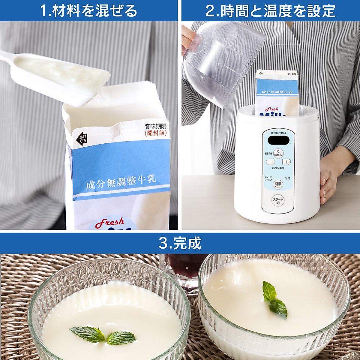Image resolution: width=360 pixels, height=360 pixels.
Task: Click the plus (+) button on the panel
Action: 286,162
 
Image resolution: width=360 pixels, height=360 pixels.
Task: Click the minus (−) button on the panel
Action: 270,162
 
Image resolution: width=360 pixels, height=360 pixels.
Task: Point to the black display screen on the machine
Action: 279,140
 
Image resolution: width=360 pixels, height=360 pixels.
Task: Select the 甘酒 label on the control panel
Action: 288,178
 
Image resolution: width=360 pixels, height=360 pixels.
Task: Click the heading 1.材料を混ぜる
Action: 89,11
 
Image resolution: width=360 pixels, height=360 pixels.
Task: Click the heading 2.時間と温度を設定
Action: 270,11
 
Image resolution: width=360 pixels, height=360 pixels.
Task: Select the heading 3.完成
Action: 180,243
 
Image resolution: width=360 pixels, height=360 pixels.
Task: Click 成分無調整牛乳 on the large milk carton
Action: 121,182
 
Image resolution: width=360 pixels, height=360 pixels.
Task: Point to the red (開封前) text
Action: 155,133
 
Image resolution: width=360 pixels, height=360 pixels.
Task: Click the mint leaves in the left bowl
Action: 102,334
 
